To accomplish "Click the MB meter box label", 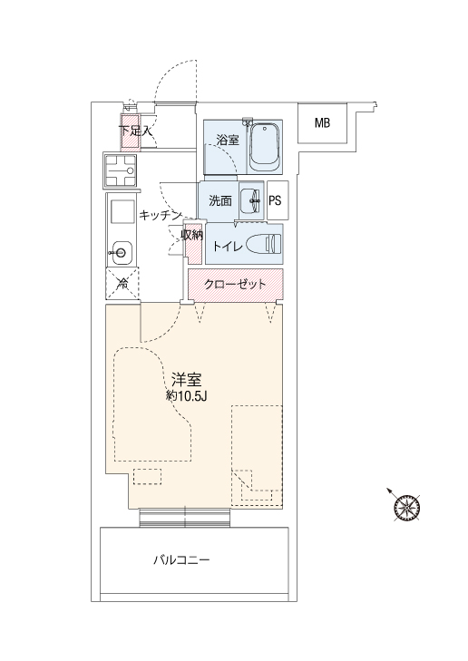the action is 323,123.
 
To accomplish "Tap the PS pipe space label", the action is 275,200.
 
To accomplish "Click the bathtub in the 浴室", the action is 264,146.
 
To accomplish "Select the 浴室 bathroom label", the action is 228,141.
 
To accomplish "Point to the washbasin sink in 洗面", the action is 251,200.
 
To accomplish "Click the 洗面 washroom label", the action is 220,201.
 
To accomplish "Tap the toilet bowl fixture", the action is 264,245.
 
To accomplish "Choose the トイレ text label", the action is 228,246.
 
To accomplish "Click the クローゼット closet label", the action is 235,285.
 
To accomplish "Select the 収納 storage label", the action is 192,235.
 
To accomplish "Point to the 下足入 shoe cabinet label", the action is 135,131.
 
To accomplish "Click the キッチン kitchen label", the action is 161,216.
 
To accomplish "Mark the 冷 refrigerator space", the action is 122,284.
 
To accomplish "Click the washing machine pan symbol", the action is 120,170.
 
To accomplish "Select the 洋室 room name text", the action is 186,380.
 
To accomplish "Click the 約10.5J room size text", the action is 186,396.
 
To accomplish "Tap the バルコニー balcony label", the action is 181,560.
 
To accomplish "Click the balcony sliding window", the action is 185,518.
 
